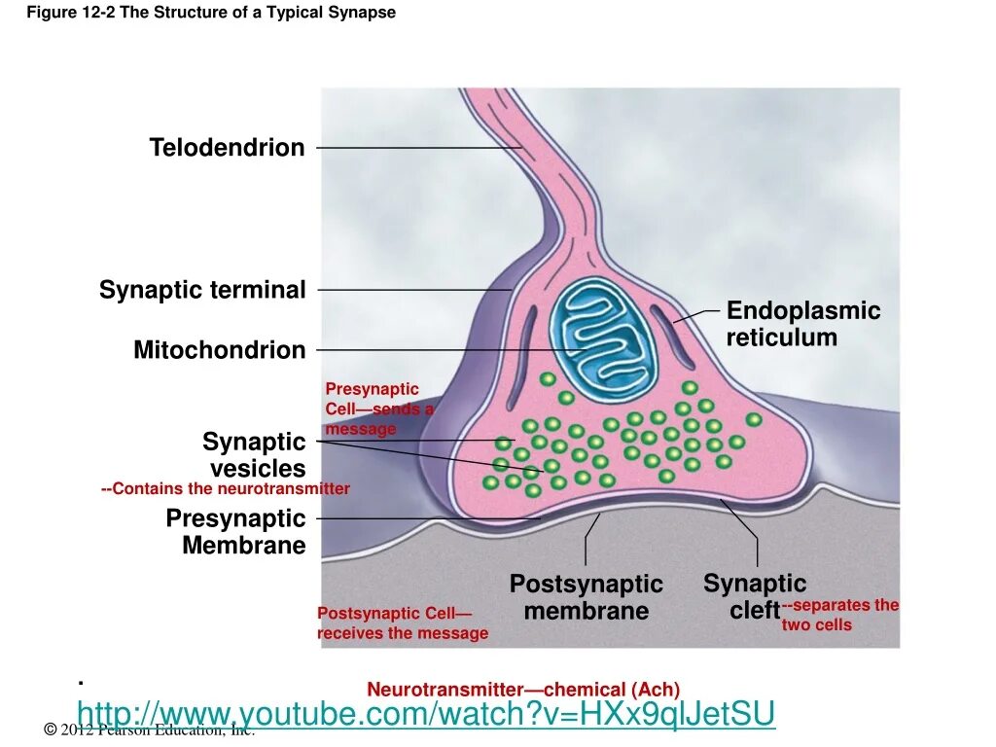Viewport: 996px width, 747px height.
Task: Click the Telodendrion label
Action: (227, 148)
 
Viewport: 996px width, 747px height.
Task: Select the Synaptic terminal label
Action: (202, 290)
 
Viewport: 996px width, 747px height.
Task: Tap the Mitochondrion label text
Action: (219, 350)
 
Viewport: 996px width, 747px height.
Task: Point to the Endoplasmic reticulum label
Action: (802, 325)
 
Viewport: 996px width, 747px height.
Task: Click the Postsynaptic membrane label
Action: (586, 598)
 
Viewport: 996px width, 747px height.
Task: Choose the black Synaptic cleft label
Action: (755, 597)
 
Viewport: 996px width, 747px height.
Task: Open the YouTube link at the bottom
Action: (426, 714)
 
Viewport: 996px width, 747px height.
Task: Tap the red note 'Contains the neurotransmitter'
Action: (225, 489)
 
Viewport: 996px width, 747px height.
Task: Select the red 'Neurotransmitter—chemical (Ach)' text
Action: (523, 689)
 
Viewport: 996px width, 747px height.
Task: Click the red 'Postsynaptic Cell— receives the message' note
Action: (402, 623)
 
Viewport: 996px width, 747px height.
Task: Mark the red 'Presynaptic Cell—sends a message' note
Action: (377, 409)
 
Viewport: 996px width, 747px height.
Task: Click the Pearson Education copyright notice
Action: (150, 730)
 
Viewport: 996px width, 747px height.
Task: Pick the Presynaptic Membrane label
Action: (235, 532)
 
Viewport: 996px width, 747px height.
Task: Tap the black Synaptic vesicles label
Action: (254, 455)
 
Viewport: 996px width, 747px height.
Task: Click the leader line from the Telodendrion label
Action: (418, 148)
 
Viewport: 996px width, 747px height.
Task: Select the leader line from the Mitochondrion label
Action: (447, 350)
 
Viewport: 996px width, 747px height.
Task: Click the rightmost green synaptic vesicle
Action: (754, 419)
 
